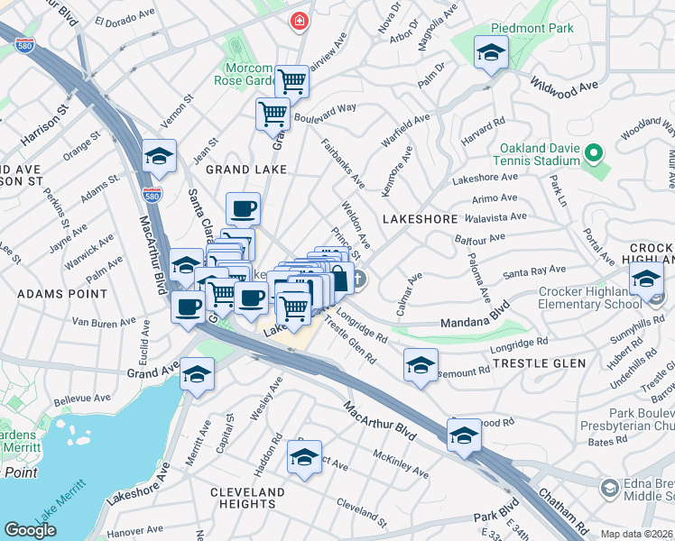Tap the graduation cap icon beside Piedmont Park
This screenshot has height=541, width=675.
(490, 53)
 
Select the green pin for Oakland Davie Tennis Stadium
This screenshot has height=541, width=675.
(593, 155)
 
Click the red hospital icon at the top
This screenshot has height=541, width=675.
(297, 20)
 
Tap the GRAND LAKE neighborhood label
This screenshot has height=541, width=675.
(246, 169)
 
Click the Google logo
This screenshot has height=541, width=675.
(30, 530)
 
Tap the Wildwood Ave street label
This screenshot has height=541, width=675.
(565, 87)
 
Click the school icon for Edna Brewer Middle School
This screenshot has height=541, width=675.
(610, 488)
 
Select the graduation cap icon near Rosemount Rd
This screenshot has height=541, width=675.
(421, 365)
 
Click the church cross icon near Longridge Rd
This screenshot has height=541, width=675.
(358, 280)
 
